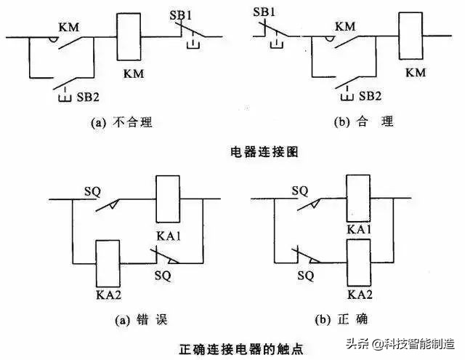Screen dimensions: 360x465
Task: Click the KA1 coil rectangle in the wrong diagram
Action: (x=168, y=198)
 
